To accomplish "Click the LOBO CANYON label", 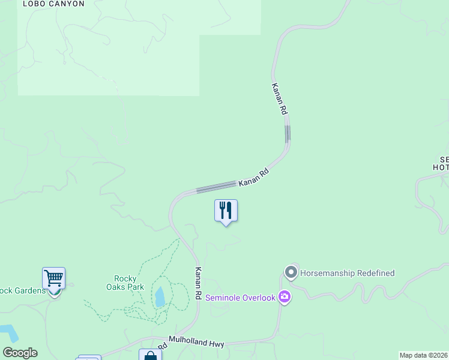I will point(53,4).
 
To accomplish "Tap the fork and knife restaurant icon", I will point(226,211).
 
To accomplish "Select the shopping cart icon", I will point(54,279).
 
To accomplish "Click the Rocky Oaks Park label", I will point(130,283).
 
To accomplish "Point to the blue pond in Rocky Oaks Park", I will point(160,297).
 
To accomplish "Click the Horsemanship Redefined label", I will point(348,273).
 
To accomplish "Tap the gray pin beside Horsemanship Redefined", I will point(291,273).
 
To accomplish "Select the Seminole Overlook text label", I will point(240,298).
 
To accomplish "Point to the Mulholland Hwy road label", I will point(196,343).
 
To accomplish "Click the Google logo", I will point(20,353).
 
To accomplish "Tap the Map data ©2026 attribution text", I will point(423,355).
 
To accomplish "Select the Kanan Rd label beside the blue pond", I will point(197,284).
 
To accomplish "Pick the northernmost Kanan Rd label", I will point(280,99).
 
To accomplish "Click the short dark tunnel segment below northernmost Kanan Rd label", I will point(288,133).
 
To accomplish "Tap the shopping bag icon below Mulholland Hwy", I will point(150,356).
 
